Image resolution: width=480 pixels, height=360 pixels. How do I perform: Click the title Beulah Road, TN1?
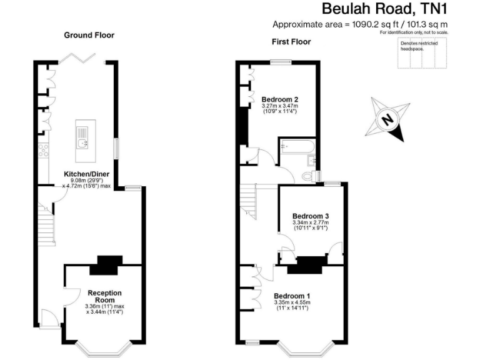click(x=385, y=9)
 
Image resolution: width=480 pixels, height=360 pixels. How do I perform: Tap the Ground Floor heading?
click(x=89, y=35)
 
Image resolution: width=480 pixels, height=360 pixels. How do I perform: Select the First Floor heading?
click(x=291, y=42)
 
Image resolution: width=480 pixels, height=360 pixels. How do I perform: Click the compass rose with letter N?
click(x=388, y=119)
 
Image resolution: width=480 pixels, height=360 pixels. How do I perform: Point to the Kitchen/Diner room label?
click(x=87, y=174)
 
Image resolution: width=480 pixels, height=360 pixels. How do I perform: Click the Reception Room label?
click(x=104, y=296)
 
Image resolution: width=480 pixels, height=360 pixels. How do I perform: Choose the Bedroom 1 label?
click(x=292, y=296)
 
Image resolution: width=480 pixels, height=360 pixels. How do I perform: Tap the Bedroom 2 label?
click(x=279, y=99)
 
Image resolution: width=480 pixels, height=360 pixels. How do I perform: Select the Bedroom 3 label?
click(x=311, y=216)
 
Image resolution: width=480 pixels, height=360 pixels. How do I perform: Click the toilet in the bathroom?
click(x=307, y=177)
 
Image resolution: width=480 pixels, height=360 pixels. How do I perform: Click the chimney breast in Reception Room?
click(x=104, y=266)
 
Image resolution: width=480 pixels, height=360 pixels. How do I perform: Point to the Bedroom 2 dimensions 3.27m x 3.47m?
click(x=279, y=106)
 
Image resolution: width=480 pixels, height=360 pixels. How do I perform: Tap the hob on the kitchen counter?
click(x=44, y=150)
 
